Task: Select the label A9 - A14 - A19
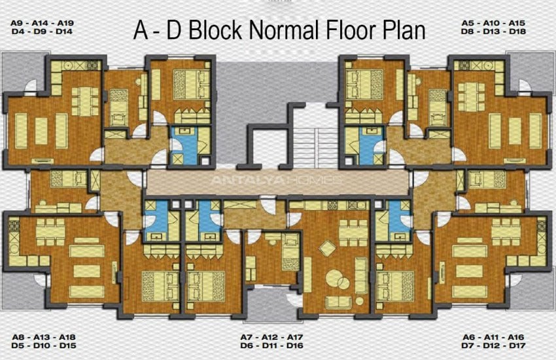(43, 23)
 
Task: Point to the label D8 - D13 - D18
(493, 31)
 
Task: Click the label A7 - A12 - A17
(272, 337)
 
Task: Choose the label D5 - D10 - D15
(44, 346)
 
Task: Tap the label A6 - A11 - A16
(493, 337)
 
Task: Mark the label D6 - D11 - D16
(272, 346)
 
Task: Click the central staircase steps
(314, 147)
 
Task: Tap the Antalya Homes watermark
(276, 180)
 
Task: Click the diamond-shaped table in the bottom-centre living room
(327, 248)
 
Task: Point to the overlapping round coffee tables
(338, 279)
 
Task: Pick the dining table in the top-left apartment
(85, 101)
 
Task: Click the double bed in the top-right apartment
(364, 84)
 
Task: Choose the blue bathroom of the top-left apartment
(184, 145)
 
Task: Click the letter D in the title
(174, 30)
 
